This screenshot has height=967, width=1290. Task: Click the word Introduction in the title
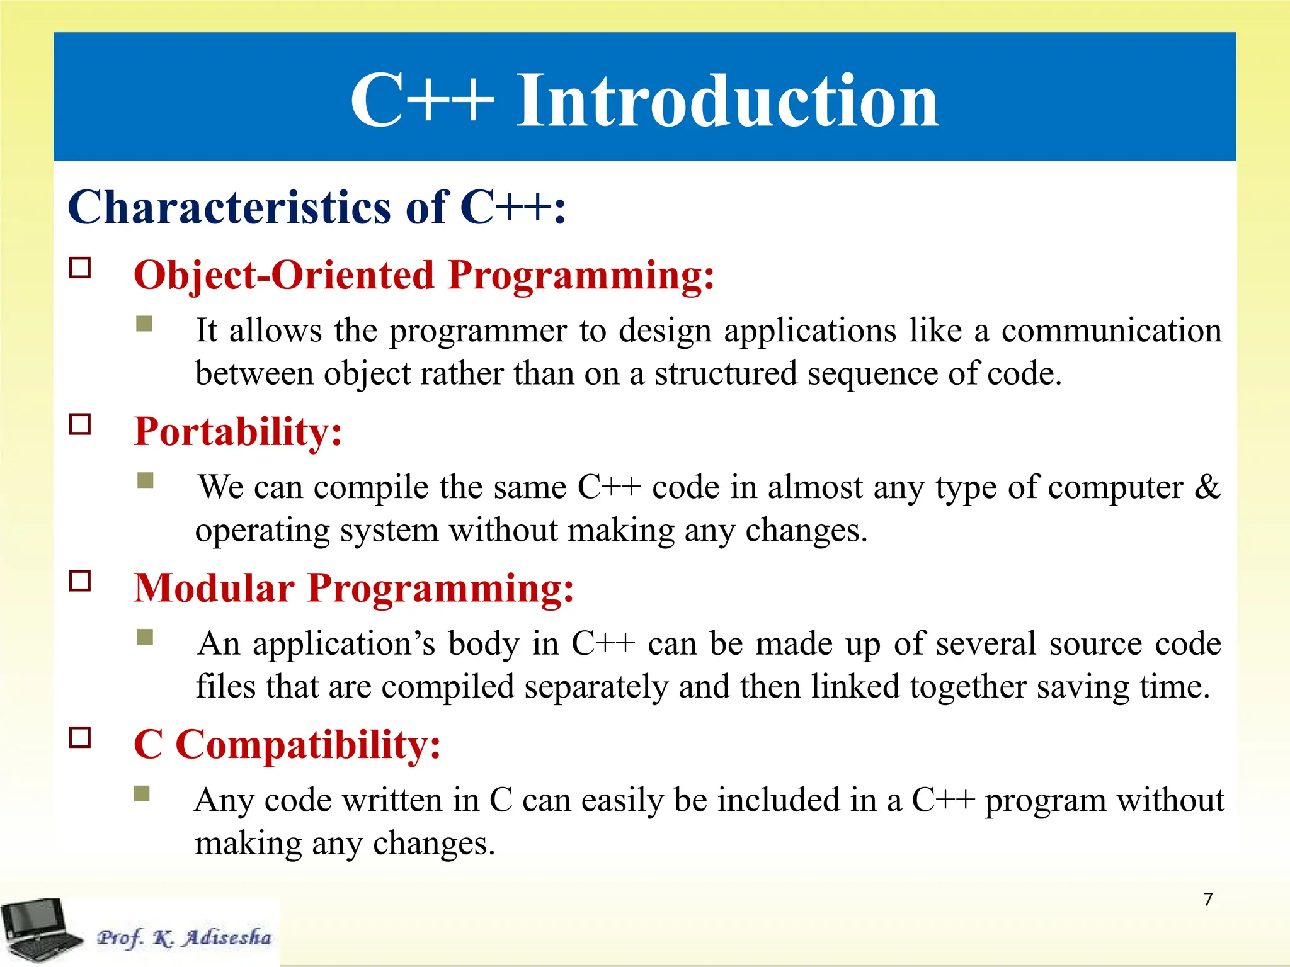tap(728, 101)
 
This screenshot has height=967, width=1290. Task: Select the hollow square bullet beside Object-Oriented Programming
tap(80, 268)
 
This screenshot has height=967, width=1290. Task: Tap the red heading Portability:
tap(238, 432)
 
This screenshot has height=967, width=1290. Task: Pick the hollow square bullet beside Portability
tap(80, 424)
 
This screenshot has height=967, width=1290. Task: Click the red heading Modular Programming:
tap(354, 589)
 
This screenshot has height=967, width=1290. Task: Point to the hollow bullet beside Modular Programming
tap(80, 580)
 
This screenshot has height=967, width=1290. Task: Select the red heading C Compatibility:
tap(287, 745)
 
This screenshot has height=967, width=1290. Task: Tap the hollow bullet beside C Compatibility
tap(80, 737)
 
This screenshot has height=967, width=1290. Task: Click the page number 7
tap(1207, 899)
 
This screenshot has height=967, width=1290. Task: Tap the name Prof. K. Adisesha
tap(184, 937)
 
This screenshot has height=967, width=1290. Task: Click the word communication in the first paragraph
tap(1111, 331)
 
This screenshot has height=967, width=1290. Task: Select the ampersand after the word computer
tap(1207, 487)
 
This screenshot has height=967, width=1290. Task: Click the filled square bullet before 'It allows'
tap(144, 324)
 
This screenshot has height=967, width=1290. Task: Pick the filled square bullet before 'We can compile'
tap(146, 480)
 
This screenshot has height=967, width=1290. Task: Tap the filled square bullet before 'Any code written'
tap(142, 793)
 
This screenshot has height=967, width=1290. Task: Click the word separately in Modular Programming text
tap(596, 687)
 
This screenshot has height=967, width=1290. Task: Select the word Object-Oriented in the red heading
tap(284, 276)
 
